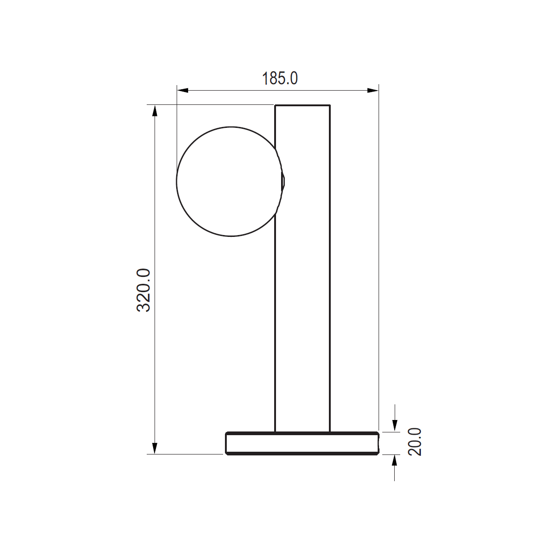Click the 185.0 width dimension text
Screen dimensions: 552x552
click(280, 79)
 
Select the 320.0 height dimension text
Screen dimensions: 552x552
click(143, 290)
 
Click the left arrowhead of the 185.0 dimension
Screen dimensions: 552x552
click(183, 91)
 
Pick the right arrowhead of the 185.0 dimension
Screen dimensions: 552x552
click(373, 91)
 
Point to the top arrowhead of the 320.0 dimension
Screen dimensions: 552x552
click(155, 110)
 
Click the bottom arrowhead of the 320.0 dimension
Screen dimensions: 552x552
click(155, 448)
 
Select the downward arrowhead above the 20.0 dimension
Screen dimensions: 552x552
click(395, 425)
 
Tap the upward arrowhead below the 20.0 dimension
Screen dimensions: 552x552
click(395, 460)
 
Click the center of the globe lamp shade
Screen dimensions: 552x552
click(231, 182)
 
